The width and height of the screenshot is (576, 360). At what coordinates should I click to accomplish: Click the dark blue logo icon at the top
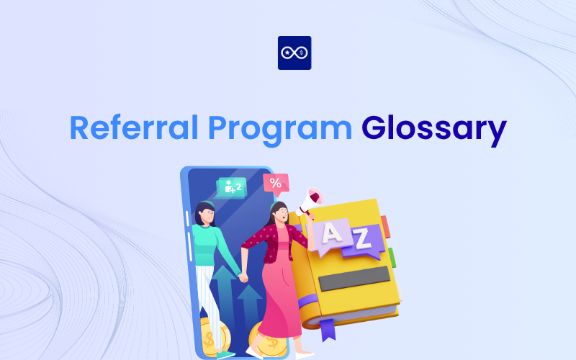coord(294,53)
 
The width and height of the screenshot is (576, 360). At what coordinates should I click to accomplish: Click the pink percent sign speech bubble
coord(275,184)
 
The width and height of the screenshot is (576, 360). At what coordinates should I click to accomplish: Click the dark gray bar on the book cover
coord(354,278)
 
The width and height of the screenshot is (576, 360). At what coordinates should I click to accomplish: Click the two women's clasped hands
coord(243,275)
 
